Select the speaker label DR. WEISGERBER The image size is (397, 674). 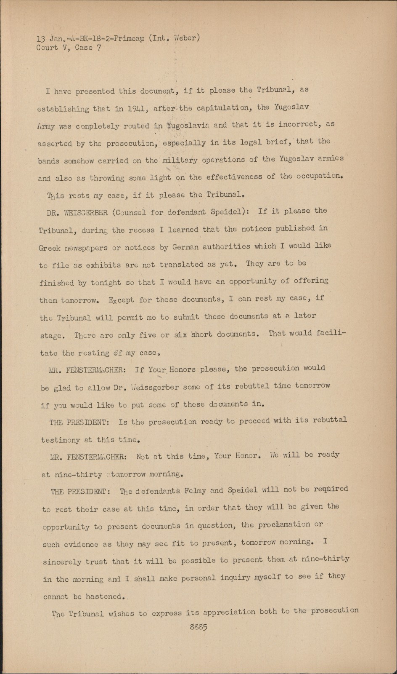pos(77,213)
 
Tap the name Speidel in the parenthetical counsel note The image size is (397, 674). pos(228,212)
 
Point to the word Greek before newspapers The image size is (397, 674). pos(49,248)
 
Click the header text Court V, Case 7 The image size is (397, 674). pos(69,48)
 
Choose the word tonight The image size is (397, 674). pos(105,283)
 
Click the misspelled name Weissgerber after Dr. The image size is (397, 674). pos(156,387)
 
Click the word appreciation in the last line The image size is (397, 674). pos(221,612)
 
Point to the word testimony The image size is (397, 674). pos(61,440)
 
